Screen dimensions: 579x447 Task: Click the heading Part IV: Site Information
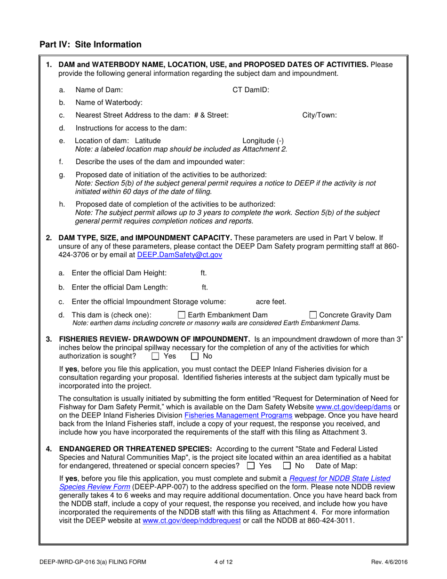(x=90, y=45)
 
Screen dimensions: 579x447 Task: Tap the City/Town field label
(x=319, y=115)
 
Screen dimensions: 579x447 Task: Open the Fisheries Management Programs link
(x=239, y=415)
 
